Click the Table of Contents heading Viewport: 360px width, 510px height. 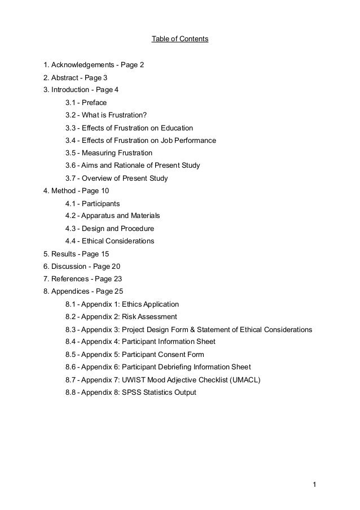click(180, 40)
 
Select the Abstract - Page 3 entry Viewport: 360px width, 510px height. click(75, 77)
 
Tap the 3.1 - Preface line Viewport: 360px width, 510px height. click(86, 103)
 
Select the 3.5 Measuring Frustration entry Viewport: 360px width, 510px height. click(108, 152)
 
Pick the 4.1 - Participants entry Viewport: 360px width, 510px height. click(93, 203)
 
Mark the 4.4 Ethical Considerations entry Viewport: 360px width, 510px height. click(109, 241)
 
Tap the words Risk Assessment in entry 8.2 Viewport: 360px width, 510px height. click(149, 316)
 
